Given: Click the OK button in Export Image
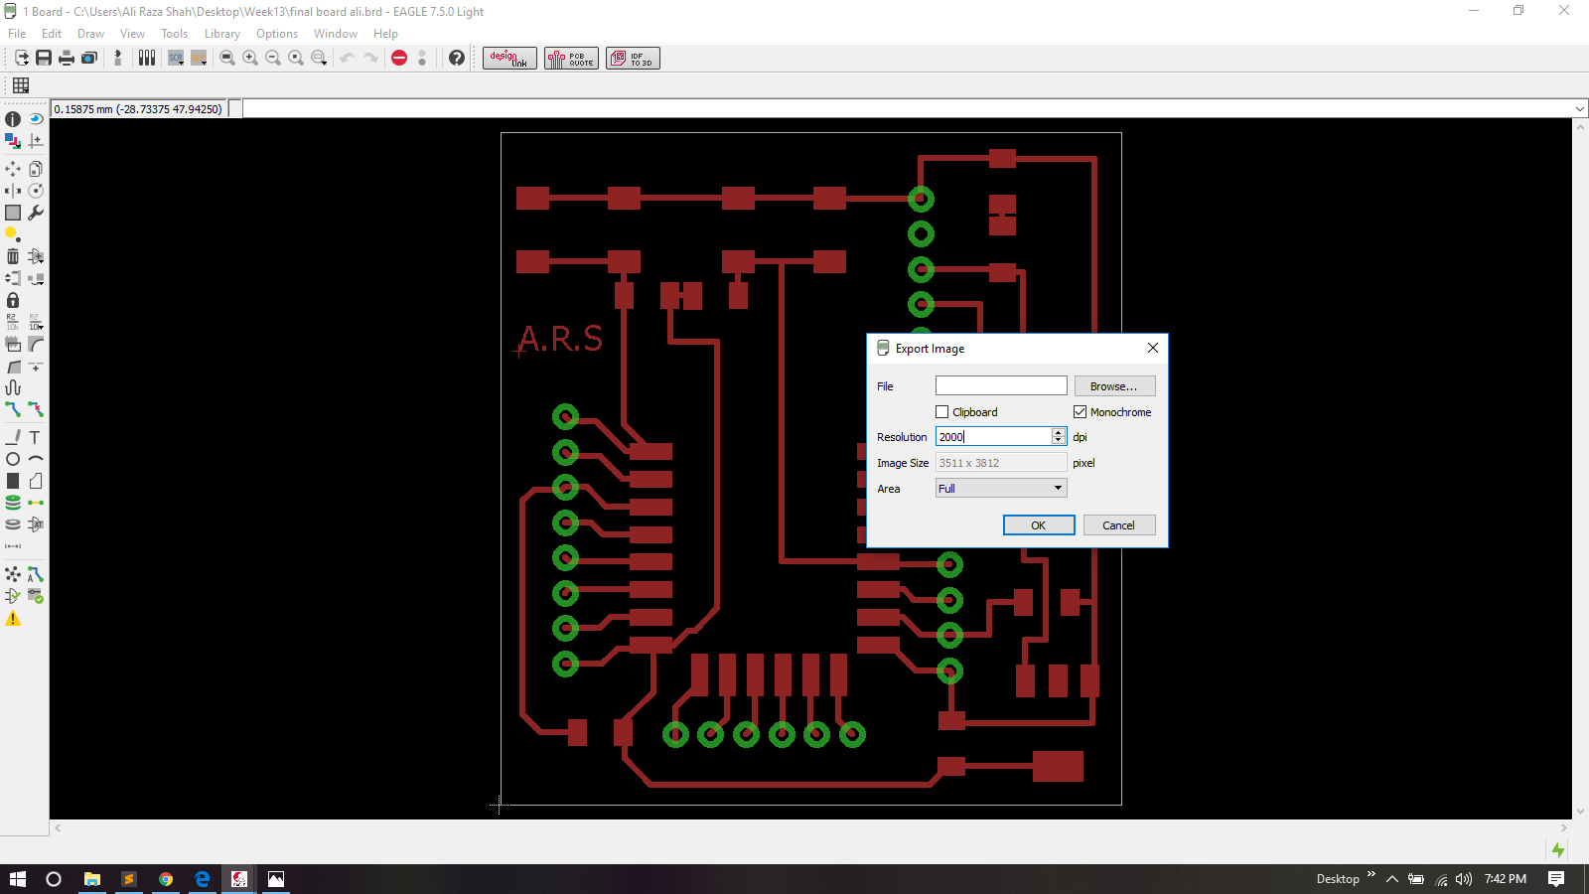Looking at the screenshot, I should [1038, 525].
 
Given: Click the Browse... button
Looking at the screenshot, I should [1113, 386].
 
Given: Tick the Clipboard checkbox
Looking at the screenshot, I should [942, 412].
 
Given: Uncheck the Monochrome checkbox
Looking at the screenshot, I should [1080, 412].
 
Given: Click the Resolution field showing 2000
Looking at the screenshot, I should [992, 437].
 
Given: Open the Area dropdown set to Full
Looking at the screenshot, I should [1000, 489].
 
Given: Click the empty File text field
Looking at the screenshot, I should [1000, 386].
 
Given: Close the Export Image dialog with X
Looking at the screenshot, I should [1152, 348].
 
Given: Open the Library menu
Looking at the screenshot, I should [221, 34].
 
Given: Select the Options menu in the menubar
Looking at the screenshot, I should [277, 34].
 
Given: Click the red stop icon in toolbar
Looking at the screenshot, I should [399, 58].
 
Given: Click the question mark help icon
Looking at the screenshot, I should [457, 58].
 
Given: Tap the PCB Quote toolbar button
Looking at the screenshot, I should [571, 59].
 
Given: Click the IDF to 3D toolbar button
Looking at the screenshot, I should [633, 59].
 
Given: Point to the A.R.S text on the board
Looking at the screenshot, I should [560, 339].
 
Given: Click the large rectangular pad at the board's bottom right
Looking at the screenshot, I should [1058, 766].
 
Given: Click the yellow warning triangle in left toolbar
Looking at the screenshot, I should [13, 619].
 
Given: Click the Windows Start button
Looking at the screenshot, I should [17, 879].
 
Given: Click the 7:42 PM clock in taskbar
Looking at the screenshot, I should [1505, 879].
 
